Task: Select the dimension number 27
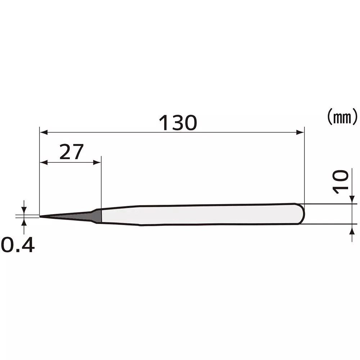(x=71, y=152)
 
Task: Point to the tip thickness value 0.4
(x=18, y=246)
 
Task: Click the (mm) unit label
(x=342, y=117)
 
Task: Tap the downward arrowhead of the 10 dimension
(x=351, y=200)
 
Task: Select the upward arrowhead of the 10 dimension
(x=351, y=228)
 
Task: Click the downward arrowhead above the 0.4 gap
(x=24, y=211)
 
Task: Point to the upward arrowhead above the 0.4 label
(x=24, y=221)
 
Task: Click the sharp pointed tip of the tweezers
(x=40, y=216)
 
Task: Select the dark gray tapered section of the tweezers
(x=83, y=216)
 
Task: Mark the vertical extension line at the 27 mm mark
(x=101, y=180)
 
